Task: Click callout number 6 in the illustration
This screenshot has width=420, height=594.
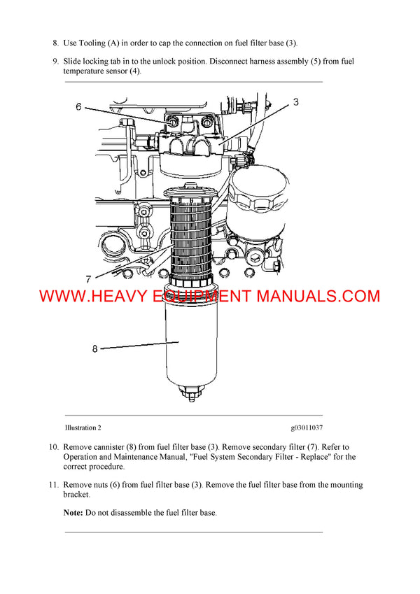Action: [78, 107]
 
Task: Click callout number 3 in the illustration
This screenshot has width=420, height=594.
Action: [296, 102]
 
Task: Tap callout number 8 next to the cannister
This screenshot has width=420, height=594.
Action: [94, 348]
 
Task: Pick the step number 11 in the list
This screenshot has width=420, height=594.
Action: [53, 485]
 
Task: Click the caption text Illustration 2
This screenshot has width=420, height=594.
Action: [87, 427]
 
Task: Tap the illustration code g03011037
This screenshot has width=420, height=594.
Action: [307, 427]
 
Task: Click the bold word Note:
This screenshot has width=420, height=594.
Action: [73, 513]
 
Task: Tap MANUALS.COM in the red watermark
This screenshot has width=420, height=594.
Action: [318, 296]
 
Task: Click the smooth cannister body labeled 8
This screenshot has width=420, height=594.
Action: [192, 343]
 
